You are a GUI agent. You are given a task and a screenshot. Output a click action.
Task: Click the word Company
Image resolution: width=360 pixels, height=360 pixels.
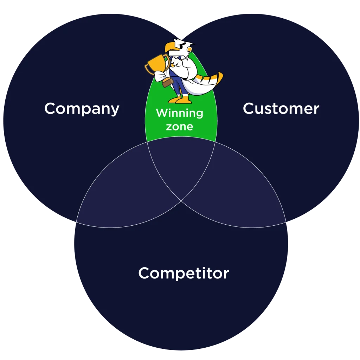tap(82, 109)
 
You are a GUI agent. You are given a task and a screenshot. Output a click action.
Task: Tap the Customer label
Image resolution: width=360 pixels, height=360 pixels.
tap(281, 109)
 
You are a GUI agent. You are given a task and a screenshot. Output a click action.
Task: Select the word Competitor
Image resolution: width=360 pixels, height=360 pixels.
tap(184, 273)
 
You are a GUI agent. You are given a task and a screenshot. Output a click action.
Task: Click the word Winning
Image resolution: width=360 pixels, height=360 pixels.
tap(179, 113)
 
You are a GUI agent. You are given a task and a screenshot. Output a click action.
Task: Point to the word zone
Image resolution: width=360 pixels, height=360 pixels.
tap(179, 126)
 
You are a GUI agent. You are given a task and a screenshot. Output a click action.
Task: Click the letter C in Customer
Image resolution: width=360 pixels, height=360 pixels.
tap(249, 109)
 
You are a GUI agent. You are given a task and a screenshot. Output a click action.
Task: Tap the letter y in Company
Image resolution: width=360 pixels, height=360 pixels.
tap(115, 110)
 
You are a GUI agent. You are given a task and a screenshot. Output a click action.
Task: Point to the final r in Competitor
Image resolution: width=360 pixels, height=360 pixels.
tap(226, 274)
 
